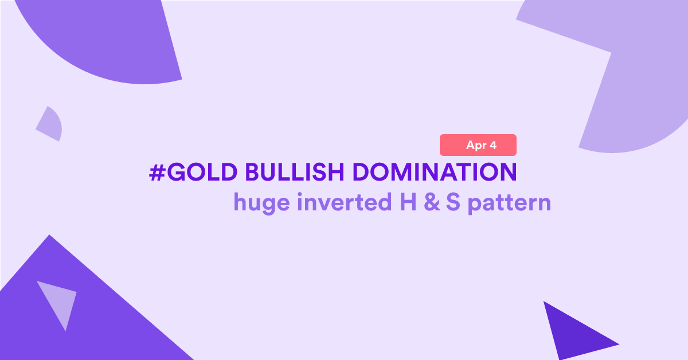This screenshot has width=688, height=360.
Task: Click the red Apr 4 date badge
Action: pos(478,145)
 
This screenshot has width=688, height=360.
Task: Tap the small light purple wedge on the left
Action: pos(50,125)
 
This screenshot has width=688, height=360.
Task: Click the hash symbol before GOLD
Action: pos(157,173)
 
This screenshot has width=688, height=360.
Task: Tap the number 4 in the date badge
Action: pos(492,145)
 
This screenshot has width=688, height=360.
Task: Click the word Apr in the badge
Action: pos(476,146)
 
